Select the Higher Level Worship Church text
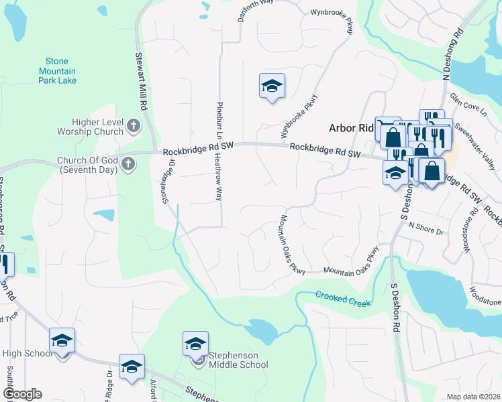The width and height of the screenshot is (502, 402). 99,127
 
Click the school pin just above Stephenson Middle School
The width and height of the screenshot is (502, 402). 195,344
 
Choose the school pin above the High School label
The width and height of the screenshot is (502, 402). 62,341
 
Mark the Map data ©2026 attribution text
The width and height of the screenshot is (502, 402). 473,397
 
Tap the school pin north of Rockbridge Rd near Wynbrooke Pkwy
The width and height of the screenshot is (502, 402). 272,86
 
